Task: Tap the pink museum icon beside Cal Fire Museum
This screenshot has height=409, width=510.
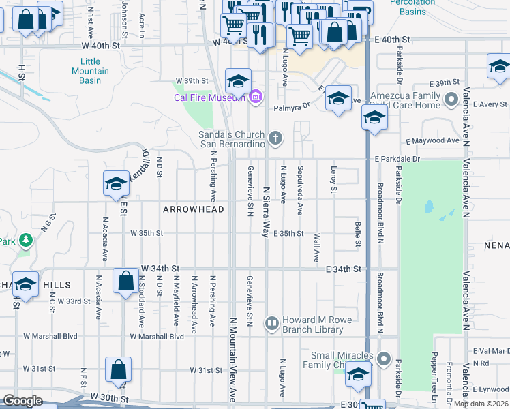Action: coord(256,97)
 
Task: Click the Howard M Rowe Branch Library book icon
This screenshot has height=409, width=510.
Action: coord(271,322)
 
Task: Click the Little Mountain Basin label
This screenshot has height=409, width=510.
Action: coord(86,71)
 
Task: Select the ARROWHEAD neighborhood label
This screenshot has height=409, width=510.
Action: coord(190,209)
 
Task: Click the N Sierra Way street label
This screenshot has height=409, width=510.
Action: coord(266,211)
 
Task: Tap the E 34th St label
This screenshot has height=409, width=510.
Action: coord(343,270)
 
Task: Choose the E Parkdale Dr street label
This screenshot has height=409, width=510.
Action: coord(397,160)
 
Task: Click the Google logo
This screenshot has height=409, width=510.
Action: coord(22,401)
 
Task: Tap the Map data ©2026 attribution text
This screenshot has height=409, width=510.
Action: coord(481,404)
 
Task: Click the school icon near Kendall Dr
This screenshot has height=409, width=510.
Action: coord(117,183)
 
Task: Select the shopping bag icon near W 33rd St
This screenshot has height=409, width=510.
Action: coord(126,281)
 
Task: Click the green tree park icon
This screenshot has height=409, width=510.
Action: coord(26,240)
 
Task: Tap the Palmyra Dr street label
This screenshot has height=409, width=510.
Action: coord(292,106)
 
